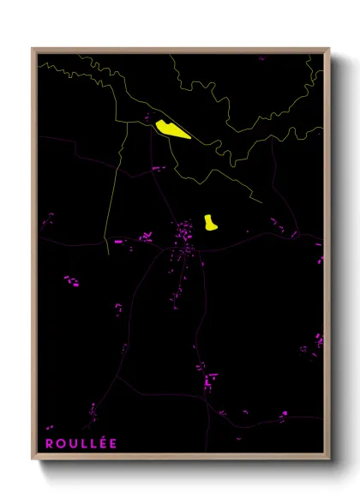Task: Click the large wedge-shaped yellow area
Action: point(172,130)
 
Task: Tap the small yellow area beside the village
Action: point(210,223)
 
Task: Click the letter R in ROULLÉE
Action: point(50,443)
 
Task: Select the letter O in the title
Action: point(63,443)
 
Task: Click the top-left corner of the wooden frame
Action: point(33,49)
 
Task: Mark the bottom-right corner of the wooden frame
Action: point(329,460)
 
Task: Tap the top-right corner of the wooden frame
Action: point(329,49)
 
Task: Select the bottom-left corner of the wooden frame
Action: point(33,460)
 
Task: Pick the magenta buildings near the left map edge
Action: point(69,280)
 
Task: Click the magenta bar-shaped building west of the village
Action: point(118,243)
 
